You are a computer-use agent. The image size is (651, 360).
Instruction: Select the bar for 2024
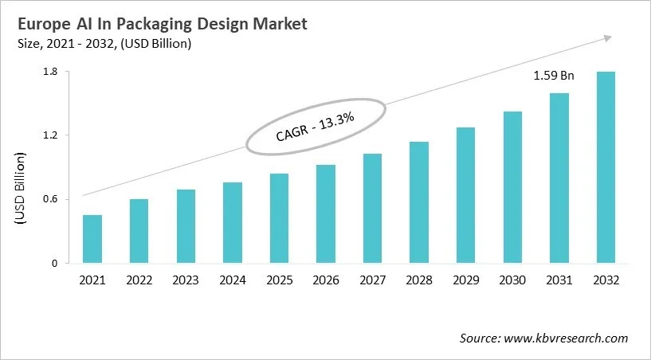pyautogui.click(x=232, y=222)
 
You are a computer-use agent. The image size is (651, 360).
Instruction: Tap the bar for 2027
pyautogui.click(x=372, y=208)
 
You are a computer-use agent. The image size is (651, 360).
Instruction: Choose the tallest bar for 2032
pyautogui.click(x=606, y=167)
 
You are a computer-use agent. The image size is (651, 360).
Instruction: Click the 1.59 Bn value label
pyautogui.click(x=553, y=76)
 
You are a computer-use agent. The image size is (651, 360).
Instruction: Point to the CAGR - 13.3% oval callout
pyautogui.click(x=316, y=127)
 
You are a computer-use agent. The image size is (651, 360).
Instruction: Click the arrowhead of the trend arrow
pyautogui.click(x=607, y=37)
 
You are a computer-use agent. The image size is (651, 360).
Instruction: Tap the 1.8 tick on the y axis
pyautogui.click(x=50, y=72)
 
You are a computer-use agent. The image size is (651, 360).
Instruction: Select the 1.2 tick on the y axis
pyautogui.click(x=50, y=135)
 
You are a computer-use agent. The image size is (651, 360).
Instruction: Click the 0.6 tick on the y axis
pyautogui.click(x=50, y=199)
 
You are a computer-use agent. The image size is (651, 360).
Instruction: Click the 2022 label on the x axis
pyautogui.click(x=139, y=280)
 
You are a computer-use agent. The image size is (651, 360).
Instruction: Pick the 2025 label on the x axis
pyautogui.click(x=279, y=280)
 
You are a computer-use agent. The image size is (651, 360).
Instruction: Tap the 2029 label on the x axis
pyautogui.click(x=465, y=280)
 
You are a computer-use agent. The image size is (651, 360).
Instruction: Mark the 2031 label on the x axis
pyautogui.click(x=559, y=280)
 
